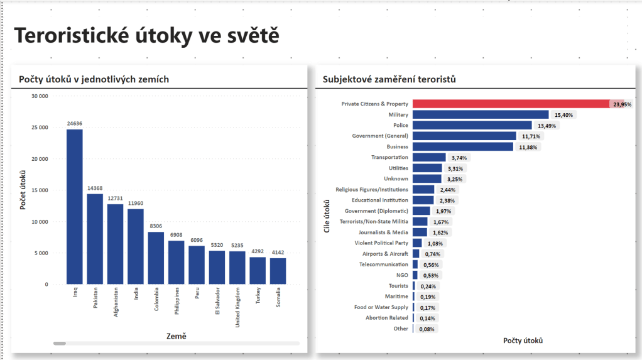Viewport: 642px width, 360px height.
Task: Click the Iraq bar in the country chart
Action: (74, 207)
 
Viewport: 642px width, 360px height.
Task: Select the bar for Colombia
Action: (156, 258)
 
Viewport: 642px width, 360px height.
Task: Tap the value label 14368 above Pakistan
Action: (95, 188)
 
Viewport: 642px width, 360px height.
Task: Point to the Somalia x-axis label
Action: (278, 298)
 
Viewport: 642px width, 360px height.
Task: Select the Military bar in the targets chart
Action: (481, 115)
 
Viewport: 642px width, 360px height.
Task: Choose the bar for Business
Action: (463, 147)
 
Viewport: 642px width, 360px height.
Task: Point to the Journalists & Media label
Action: (383, 232)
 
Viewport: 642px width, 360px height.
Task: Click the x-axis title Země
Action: (177, 336)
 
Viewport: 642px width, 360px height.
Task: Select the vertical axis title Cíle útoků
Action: (327, 217)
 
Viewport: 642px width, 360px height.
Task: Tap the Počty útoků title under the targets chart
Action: (523, 341)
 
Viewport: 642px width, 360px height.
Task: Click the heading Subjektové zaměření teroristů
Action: (389, 79)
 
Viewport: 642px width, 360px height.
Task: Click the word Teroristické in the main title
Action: (72, 36)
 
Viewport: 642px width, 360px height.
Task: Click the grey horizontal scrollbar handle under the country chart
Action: (60, 343)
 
